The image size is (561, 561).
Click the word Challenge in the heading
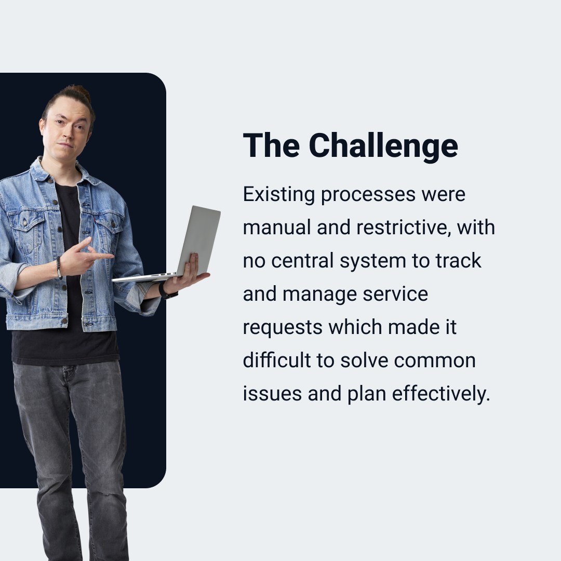383,145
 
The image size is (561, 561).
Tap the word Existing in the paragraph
279,195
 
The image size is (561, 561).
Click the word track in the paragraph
458,260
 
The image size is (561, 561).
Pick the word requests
283,328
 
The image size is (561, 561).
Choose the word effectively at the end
441,394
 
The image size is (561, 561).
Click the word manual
277,228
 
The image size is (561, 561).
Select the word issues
272,394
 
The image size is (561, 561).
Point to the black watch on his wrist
166,291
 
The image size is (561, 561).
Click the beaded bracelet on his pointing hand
59,268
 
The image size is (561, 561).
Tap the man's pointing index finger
101,256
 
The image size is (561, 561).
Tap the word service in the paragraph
395,294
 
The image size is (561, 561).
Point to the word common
435,360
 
